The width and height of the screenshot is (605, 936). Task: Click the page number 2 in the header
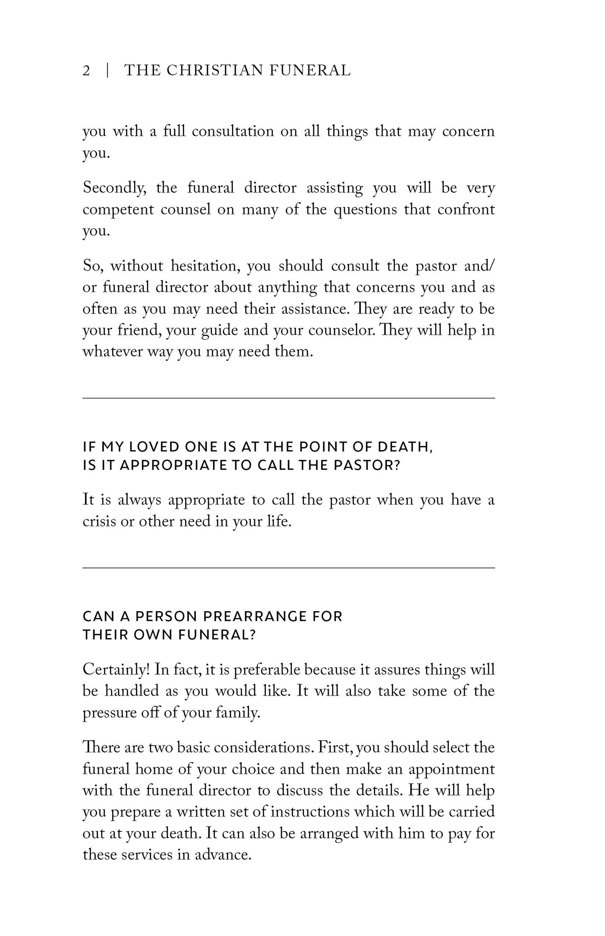tap(86, 70)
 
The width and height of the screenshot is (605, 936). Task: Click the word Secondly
tap(114, 188)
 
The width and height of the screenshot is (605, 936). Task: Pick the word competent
tap(118, 210)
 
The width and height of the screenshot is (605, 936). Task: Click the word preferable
tap(266, 670)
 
